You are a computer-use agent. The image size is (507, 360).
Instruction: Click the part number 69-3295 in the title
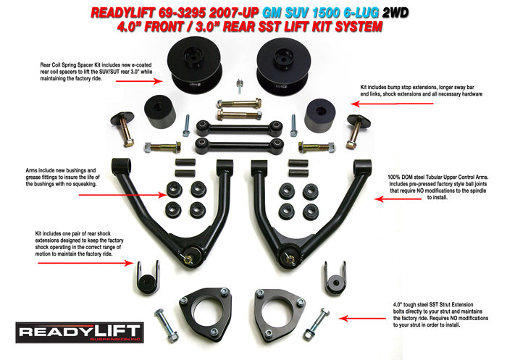[x=171, y=12]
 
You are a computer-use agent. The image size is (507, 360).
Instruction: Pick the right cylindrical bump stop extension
[x=319, y=114]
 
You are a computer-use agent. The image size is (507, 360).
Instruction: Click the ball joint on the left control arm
[x=191, y=256]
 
